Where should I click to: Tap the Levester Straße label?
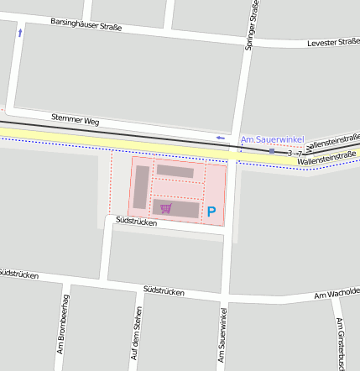tap(333, 41)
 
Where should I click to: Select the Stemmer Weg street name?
tap(74, 120)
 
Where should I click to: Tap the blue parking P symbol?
tap(211, 212)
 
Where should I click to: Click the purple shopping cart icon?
tap(166, 208)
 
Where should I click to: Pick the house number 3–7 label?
tap(295, 154)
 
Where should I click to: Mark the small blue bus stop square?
tap(271, 152)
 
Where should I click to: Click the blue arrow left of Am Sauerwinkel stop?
tap(221, 138)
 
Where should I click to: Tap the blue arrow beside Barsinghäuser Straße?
tap(20, 33)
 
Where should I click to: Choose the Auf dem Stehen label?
tap(134, 334)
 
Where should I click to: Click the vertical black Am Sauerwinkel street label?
tap(222, 336)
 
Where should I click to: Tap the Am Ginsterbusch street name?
tap(341, 344)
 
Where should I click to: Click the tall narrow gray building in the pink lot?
tap(141, 187)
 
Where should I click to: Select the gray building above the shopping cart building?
tap(175, 171)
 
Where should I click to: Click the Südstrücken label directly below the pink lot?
tap(136, 222)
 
